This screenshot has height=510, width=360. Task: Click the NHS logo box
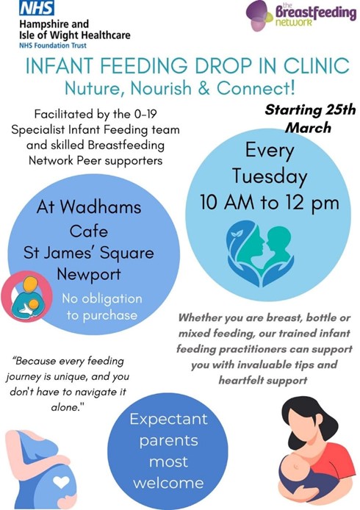click(37, 8)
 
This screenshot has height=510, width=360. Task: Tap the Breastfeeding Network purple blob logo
click(259, 15)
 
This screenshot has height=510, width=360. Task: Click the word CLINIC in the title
click(317, 65)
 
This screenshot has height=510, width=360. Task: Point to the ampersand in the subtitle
click(204, 88)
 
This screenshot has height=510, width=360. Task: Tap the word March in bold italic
click(308, 128)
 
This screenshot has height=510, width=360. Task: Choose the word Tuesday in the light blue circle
click(270, 176)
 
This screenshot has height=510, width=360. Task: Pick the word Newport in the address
click(88, 275)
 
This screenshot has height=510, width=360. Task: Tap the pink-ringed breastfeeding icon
click(26, 296)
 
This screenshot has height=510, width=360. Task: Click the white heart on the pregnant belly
click(61, 481)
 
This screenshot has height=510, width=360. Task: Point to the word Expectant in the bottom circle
click(168, 420)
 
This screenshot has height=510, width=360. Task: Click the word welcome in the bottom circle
click(168, 483)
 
